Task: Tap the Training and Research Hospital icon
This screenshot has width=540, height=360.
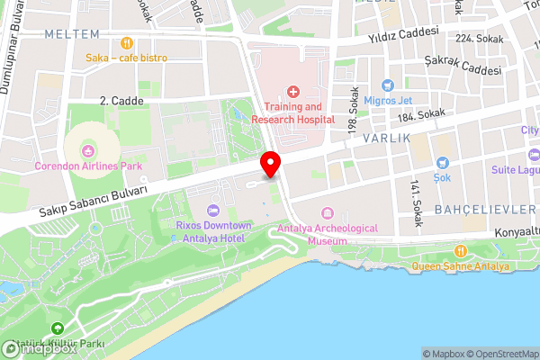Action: [293, 91]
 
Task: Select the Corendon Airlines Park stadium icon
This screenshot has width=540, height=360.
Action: [88, 150]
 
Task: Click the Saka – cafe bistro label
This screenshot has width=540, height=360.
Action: [127, 58]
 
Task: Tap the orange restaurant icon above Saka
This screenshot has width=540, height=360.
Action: [127, 42]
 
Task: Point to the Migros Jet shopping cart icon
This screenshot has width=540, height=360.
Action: [389, 85]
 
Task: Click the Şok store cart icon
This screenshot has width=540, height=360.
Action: [442, 163]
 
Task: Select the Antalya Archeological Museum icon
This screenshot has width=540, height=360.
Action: [326, 214]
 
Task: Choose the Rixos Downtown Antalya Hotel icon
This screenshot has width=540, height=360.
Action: [213, 210]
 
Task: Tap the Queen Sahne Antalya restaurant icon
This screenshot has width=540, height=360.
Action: [461, 250]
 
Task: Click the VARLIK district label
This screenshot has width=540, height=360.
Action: [387, 139]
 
